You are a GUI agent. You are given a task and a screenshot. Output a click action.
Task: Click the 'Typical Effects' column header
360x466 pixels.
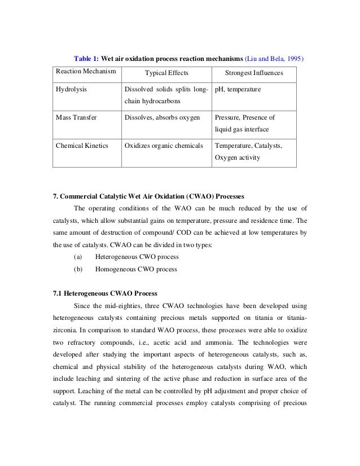pyautogui.click(x=166, y=73)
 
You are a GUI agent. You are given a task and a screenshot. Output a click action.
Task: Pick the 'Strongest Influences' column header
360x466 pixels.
pyautogui.click(x=254, y=73)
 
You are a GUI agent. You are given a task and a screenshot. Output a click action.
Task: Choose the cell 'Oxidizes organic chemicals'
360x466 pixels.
pyautogui.click(x=164, y=146)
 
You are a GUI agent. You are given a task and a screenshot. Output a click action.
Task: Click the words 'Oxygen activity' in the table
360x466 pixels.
pyautogui.click(x=238, y=157)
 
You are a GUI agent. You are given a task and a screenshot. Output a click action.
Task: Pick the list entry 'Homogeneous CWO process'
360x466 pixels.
pyautogui.click(x=136, y=269)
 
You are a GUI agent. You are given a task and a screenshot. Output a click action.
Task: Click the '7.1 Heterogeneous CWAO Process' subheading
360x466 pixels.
pyautogui.click(x=105, y=293)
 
